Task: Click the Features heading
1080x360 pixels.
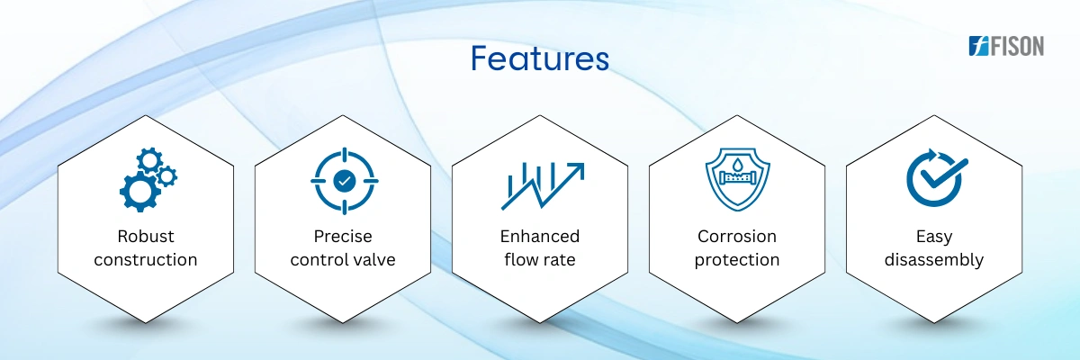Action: click(539, 58)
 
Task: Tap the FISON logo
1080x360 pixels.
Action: click(1006, 46)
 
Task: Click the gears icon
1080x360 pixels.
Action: click(148, 179)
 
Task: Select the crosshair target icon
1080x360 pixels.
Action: click(344, 181)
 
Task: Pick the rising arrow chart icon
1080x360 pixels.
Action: click(543, 185)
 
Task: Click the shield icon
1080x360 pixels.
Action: click(738, 179)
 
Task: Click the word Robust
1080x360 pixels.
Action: click(146, 236)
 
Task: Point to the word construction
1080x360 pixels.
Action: click(146, 260)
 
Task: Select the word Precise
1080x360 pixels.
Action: click(343, 236)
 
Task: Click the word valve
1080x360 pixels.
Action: click(374, 260)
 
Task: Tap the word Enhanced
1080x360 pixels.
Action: click(540, 236)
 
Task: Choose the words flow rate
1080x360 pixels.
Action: click(540, 260)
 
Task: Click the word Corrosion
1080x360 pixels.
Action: click(737, 236)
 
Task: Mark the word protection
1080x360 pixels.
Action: click(737, 260)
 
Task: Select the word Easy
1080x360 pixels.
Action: click(934, 237)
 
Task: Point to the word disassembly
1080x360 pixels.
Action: click(934, 260)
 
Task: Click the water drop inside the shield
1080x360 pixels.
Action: click(737, 165)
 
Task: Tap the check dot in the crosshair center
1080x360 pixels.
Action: click(344, 181)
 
